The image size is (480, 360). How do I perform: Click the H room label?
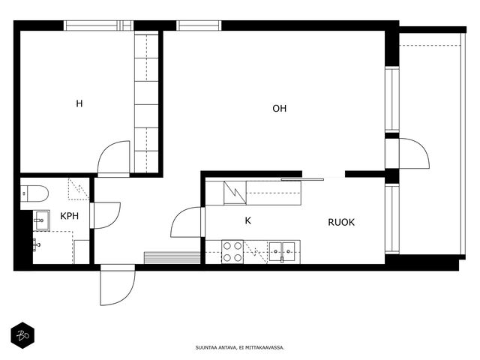click(x=79, y=103)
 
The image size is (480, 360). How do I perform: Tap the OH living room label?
click(x=280, y=108)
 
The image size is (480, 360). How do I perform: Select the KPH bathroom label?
click(x=70, y=216)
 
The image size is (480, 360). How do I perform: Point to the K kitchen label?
click(x=248, y=220)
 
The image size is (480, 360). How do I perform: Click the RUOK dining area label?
click(x=341, y=222)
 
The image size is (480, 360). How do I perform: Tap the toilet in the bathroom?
click(x=34, y=193)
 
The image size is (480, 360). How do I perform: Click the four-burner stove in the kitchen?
click(x=232, y=252)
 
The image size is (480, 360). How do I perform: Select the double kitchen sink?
click(x=282, y=252)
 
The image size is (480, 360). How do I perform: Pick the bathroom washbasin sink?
click(x=41, y=220)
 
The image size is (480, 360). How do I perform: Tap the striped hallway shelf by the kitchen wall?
click(x=172, y=258)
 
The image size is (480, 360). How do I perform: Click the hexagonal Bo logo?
click(x=22, y=335)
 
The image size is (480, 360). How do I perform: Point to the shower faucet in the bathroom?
click(x=37, y=245)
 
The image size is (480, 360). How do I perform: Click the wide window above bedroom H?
click(x=98, y=25)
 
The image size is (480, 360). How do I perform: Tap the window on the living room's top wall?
click(x=199, y=25)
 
